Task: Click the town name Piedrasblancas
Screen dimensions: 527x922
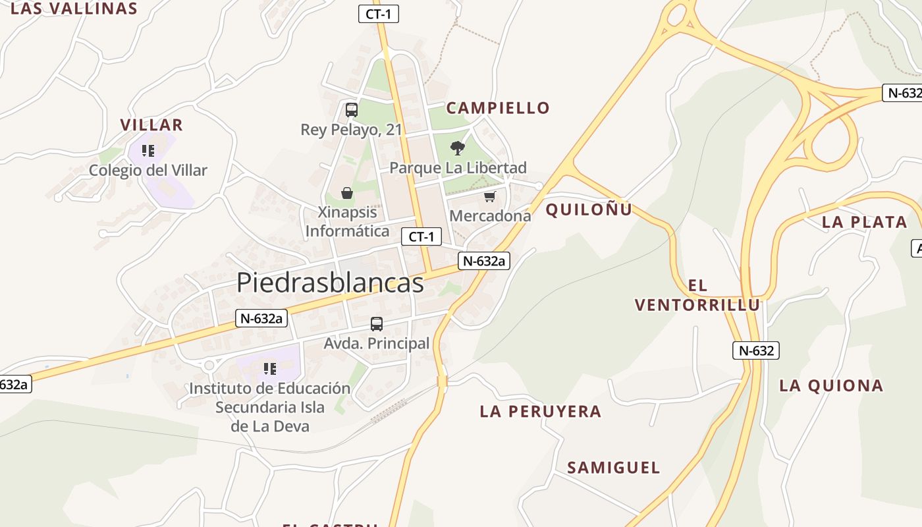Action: pos(330,283)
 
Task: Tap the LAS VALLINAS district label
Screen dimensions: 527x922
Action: pos(74,9)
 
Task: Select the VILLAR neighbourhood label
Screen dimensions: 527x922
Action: pos(151,125)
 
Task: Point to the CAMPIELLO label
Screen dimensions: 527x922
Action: pos(498,108)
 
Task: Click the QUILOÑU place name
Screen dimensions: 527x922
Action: pos(589,209)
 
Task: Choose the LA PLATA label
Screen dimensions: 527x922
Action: pos(864,222)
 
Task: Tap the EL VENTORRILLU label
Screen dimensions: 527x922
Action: pos(697,295)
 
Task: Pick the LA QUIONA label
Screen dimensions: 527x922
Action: pos(831,385)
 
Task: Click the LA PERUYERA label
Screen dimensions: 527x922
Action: pos(541,412)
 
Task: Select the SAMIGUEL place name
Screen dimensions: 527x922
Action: pos(613,468)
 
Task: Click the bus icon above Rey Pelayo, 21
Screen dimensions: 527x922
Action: pos(352,110)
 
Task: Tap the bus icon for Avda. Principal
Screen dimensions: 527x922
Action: pos(377,324)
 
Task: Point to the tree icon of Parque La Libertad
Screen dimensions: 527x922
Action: pos(458,148)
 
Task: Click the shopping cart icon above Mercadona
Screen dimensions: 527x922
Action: pos(489,196)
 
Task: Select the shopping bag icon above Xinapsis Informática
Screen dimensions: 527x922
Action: pos(347,193)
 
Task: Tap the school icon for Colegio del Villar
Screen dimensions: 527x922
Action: pos(148,151)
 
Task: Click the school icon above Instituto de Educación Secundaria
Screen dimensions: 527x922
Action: pos(269,368)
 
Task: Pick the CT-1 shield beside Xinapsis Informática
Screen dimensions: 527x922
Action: pos(421,236)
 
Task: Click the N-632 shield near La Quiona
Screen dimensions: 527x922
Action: pos(756,350)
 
